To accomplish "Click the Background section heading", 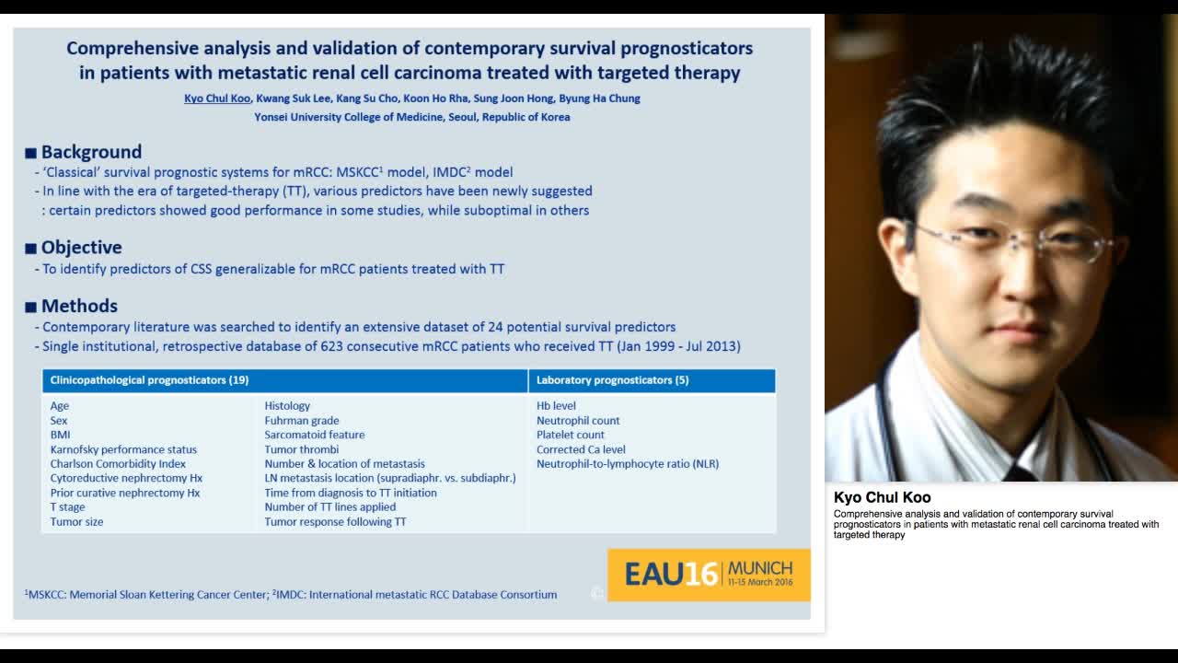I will point(91,152).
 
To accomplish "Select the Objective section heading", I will point(81,247).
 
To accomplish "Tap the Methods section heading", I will point(79,306).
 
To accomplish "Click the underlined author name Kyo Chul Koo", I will point(217,99).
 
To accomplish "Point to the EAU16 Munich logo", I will point(709,575).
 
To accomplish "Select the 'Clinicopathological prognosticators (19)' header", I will point(149,380).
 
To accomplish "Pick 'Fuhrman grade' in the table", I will point(302,421).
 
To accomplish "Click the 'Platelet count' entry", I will point(571,435).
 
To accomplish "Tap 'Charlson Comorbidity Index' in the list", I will point(118,464).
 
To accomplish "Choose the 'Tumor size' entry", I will point(76,522).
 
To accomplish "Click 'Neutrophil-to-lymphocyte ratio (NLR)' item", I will point(628,464).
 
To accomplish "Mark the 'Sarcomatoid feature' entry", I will point(315,435).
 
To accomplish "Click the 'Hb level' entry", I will point(556,406).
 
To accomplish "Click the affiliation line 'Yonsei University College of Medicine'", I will point(411,117).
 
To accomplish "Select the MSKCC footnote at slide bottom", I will point(147,595).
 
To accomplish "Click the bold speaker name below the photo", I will point(882,498).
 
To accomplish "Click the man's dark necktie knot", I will point(1020,473).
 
